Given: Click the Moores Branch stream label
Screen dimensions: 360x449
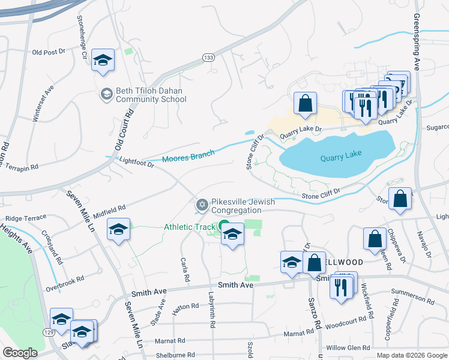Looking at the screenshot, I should (188, 157).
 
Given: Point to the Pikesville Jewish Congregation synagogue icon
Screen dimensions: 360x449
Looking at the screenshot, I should (202, 206).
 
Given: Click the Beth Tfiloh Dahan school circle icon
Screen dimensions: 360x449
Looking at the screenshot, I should (106, 94).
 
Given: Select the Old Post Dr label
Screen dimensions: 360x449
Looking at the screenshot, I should (49, 52).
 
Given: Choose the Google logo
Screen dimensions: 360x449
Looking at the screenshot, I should (20, 352).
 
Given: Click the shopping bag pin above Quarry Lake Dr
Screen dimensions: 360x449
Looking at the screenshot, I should (305, 103).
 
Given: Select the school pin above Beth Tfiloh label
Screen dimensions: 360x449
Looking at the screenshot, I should (103, 61).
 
